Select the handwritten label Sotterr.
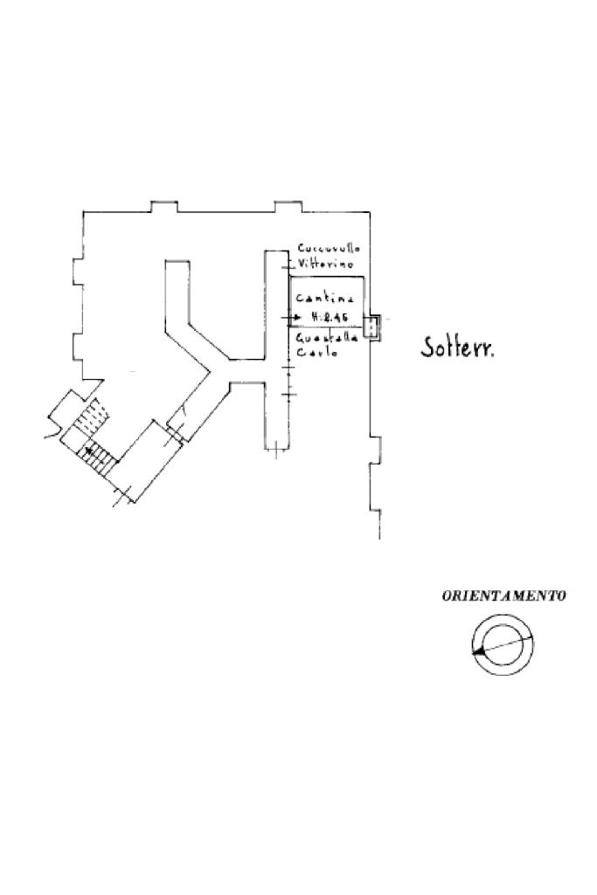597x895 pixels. tap(458, 348)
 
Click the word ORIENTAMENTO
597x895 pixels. tap(503, 596)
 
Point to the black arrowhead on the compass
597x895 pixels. tap(477, 651)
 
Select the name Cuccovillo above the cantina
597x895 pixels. tap(329, 248)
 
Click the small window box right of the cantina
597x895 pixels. tap(371, 327)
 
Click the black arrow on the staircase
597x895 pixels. tap(89, 451)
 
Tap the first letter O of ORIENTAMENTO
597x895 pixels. tap(447, 596)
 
